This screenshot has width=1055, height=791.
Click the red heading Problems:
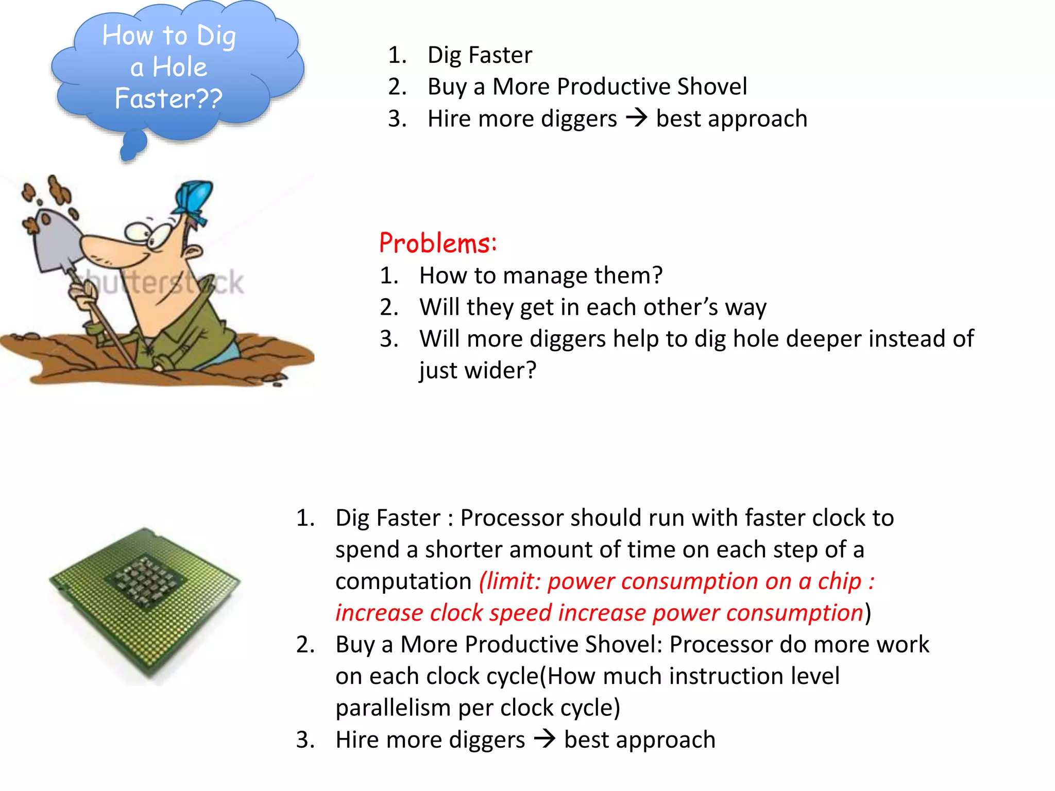(438, 243)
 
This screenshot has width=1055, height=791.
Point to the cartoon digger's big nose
(111, 252)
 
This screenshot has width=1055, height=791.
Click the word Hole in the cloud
(180, 67)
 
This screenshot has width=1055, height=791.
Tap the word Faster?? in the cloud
(169, 98)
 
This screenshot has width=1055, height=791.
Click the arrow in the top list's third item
(637, 118)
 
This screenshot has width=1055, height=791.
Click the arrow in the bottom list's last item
(544, 740)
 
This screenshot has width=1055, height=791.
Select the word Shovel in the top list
(712, 87)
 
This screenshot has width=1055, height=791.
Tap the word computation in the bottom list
(403, 581)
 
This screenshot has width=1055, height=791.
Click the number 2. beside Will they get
(389, 307)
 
